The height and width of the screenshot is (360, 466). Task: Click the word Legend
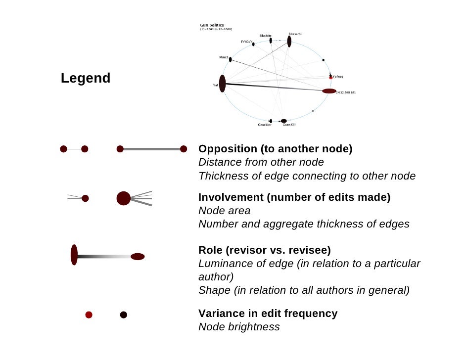(85, 78)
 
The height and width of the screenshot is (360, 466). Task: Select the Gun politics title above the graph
(211, 24)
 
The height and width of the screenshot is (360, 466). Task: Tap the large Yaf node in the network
(223, 84)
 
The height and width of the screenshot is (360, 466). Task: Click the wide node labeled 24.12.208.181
(329, 91)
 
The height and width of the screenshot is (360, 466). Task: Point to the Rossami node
(289, 41)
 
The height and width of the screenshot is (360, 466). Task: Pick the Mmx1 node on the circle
(231, 59)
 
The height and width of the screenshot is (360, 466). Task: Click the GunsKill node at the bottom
(283, 121)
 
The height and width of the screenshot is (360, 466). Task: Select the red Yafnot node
(330, 77)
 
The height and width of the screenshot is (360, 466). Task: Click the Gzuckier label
(264, 125)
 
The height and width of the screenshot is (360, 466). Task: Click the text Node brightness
(239, 327)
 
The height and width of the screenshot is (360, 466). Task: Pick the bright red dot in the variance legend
(89, 315)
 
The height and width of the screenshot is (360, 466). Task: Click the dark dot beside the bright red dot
(124, 315)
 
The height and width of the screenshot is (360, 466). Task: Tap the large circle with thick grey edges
(123, 198)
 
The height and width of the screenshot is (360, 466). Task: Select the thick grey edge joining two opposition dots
(152, 149)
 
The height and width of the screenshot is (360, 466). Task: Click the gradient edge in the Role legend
(104, 257)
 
